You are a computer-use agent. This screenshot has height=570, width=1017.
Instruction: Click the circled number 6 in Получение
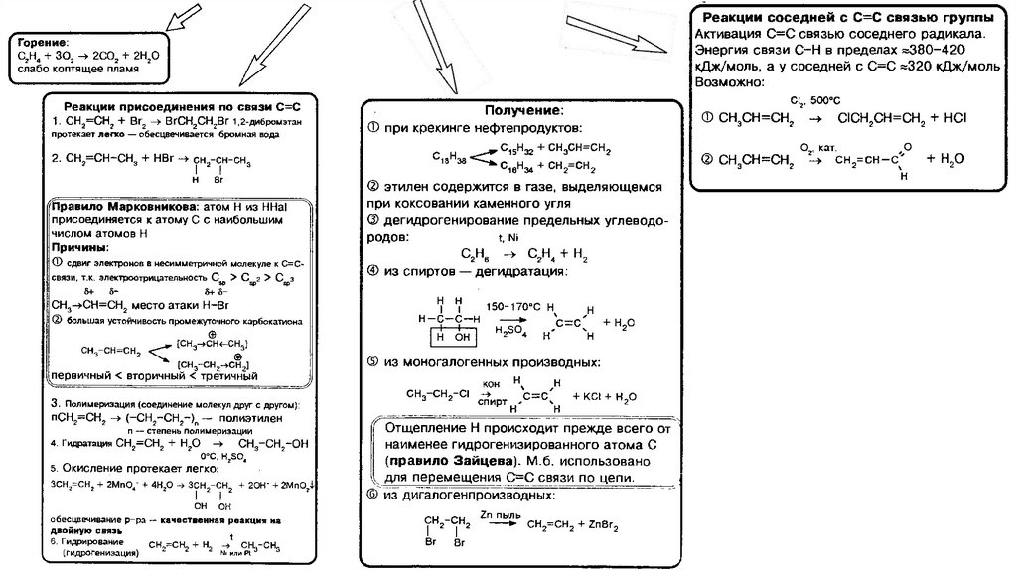point(371,495)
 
